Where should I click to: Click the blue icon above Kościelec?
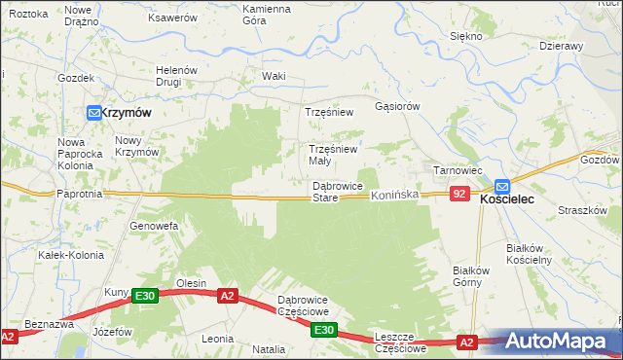(501, 185)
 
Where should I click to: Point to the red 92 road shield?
(460, 195)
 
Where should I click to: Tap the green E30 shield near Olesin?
(145, 296)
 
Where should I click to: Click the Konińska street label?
(393, 196)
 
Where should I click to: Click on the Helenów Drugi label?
(177, 76)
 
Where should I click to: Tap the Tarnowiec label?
(458, 170)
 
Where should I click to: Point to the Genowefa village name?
(154, 226)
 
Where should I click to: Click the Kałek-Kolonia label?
(64, 255)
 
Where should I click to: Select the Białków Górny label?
(469, 276)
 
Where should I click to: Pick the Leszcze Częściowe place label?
(400, 342)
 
